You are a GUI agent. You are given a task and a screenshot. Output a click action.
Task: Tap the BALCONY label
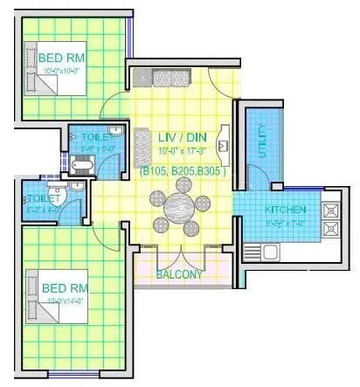179,273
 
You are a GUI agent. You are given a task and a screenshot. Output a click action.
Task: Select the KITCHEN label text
285,211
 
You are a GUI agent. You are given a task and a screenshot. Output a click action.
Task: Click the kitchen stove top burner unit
331,219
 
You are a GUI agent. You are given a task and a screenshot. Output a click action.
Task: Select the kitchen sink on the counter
272,252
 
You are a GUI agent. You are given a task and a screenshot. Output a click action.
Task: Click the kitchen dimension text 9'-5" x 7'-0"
285,224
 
